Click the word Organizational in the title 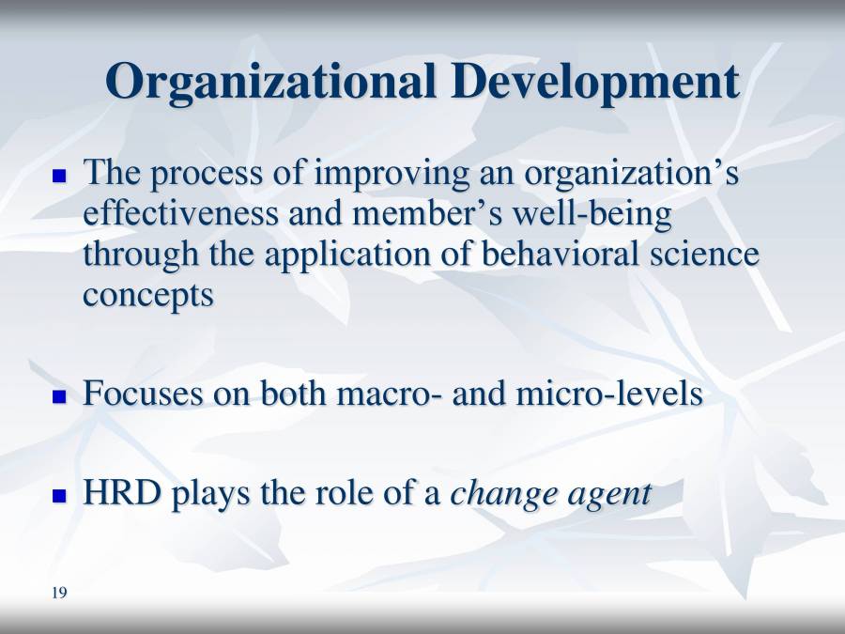271,82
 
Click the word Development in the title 594,82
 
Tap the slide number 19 60,592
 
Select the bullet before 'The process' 60,176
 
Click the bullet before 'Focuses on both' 60,396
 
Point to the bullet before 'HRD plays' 60,495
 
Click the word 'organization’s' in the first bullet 631,175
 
